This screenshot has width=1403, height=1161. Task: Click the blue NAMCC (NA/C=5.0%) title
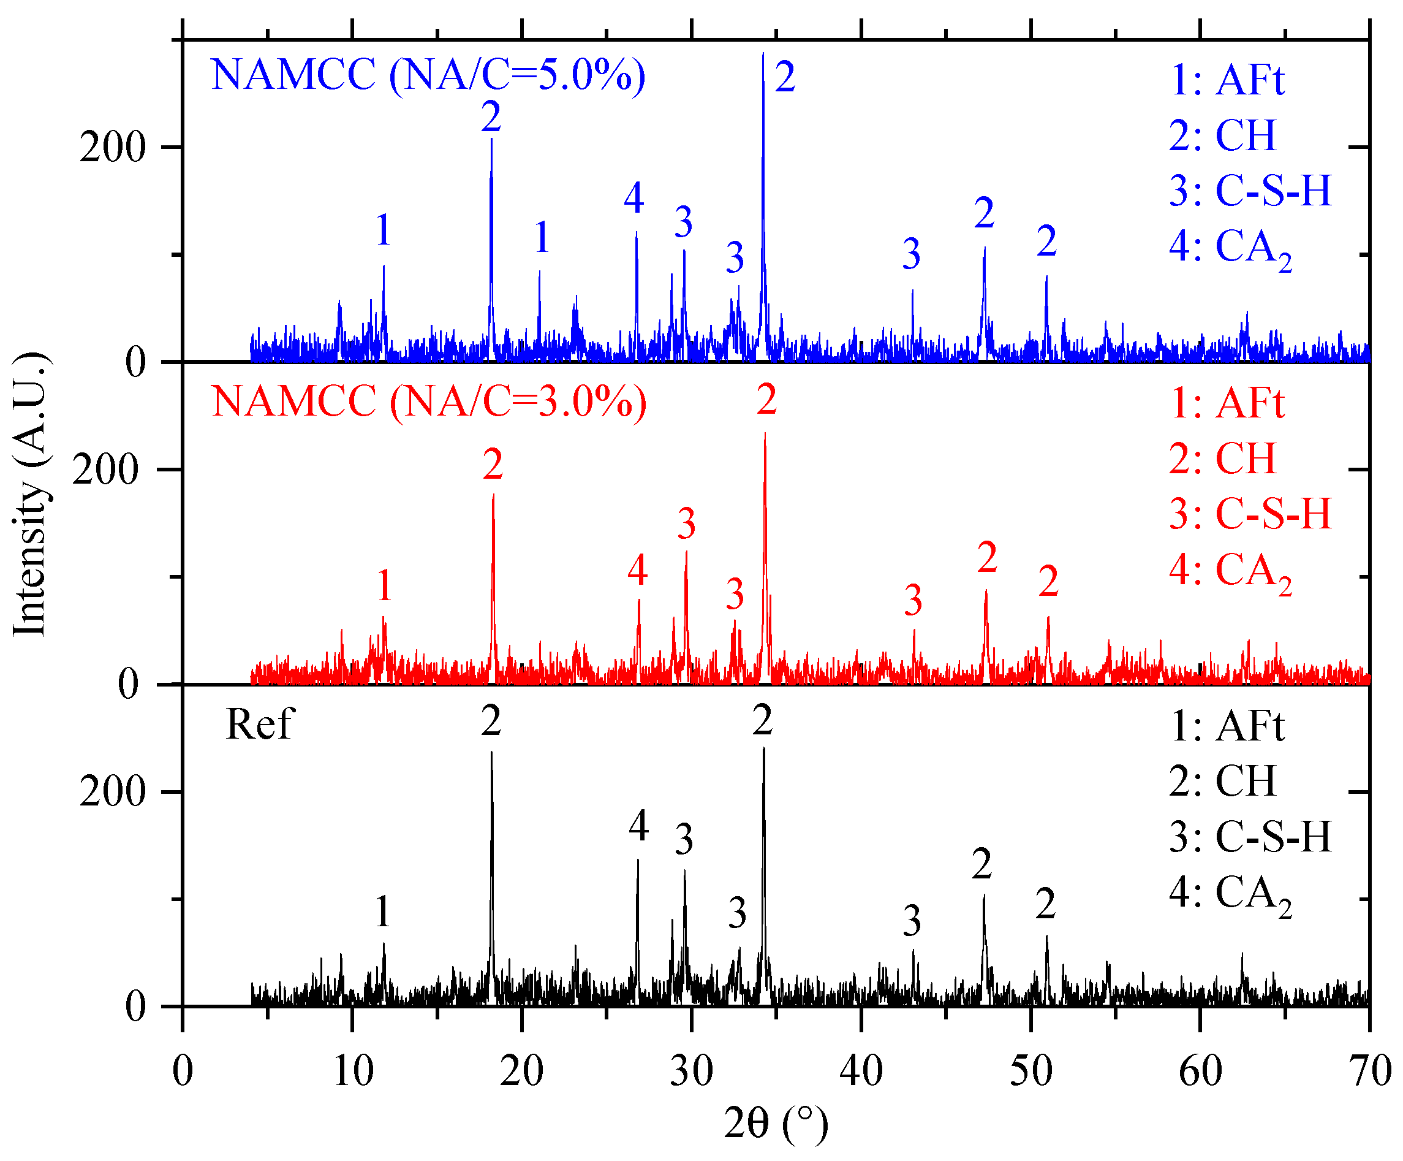pyautogui.click(x=428, y=75)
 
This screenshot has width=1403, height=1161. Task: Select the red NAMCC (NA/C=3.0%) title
pyautogui.click(x=429, y=402)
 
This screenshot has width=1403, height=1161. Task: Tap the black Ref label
pyautogui.click(x=259, y=725)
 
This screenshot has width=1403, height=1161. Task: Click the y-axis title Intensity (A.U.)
pyautogui.click(x=30, y=495)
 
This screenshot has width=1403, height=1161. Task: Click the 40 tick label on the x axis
pyautogui.click(x=861, y=1071)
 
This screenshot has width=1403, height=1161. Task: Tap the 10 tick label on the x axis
pyautogui.click(x=352, y=1071)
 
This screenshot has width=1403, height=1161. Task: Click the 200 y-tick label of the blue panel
pyautogui.click(x=112, y=147)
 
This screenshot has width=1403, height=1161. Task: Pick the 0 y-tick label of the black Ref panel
pyautogui.click(x=135, y=1007)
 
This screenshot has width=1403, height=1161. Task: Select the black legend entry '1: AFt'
pyautogui.click(x=1227, y=726)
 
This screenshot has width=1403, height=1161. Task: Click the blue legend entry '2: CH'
pyautogui.click(x=1223, y=135)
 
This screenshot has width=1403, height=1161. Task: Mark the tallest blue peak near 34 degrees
pyautogui.click(x=763, y=60)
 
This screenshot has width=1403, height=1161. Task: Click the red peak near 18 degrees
pyautogui.click(x=493, y=498)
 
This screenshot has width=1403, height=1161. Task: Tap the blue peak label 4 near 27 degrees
pyautogui.click(x=634, y=198)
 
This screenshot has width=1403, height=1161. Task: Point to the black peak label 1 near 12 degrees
pyautogui.click(x=383, y=911)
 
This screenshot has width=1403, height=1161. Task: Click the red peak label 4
pyautogui.click(x=637, y=570)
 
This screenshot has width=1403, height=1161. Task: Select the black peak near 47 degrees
pyautogui.click(x=983, y=899)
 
